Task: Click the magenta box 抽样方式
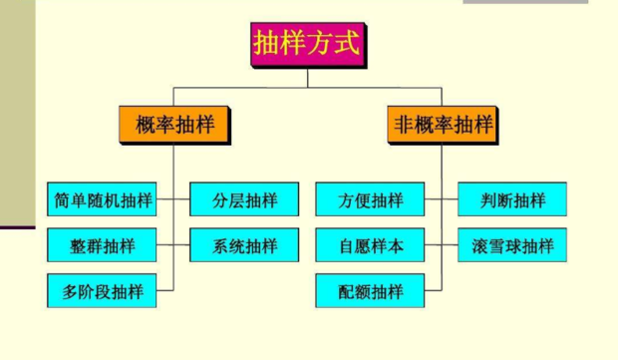(x=307, y=45)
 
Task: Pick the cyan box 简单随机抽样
(x=103, y=199)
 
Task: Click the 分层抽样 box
(x=244, y=199)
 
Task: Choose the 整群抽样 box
(x=103, y=245)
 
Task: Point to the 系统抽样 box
(x=244, y=245)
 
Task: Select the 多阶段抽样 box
(x=103, y=291)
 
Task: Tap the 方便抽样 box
(x=370, y=199)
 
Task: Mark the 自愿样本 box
(x=370, y=245)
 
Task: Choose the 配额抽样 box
(x=370, y=291)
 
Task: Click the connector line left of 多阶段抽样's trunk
(x=164, y=291)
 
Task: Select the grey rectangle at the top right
(x=525, y=2)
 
